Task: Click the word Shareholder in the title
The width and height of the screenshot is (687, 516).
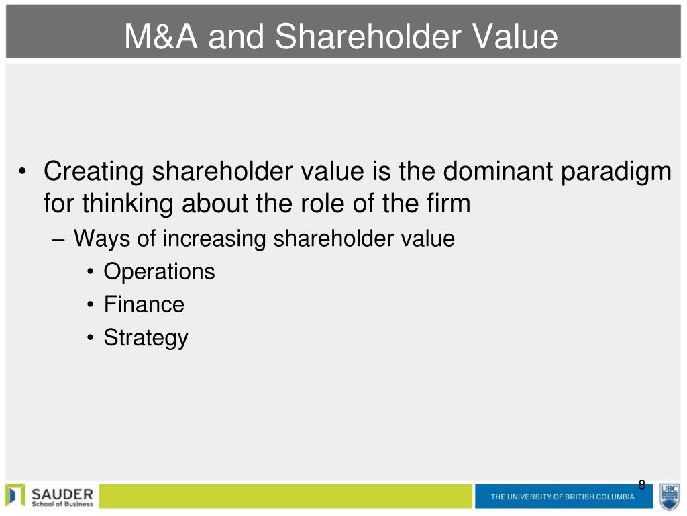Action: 368,36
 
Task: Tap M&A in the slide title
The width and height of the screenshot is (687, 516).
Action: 161,36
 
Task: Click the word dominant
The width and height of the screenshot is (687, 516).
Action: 498,171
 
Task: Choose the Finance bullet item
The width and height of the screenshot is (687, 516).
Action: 144,304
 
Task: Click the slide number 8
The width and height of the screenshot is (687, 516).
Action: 642,485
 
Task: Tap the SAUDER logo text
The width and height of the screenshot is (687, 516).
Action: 62,494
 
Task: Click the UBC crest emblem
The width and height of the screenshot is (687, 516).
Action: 670,497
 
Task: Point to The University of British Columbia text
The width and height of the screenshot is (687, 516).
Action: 563,497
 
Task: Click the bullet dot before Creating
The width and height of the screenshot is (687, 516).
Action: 22,171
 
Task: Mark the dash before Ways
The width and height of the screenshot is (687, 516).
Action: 58,241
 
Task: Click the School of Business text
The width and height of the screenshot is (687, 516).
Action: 62,504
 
